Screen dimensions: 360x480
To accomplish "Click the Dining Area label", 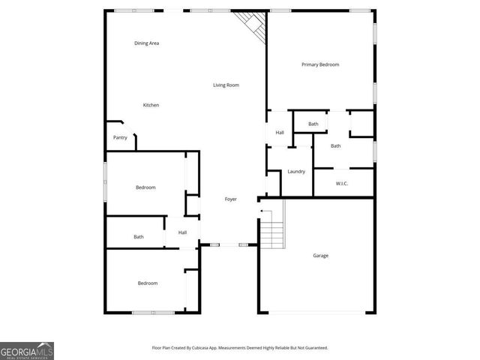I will pyautogui.click(x=146, y=43).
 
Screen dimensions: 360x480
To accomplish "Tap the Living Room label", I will pyautogui.click(x=226, y=85).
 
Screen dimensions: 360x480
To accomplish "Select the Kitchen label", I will pyautogui.click(x=151, y=105).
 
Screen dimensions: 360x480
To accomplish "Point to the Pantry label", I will pyautogui.click(x=120, y=137).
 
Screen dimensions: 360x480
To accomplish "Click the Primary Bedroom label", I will pyautogui.click(x=320, y=64).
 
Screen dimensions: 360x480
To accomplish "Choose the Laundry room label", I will pyautogui.click(x=296, y=172).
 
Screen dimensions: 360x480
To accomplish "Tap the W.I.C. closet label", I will pyautogui.click(x=341, y=184).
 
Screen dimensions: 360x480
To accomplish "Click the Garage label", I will pyautogui.click(x=320, y=256).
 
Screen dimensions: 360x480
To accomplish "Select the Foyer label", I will pyautogui.click(x=231, y=199).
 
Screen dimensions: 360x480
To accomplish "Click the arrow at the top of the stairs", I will pyautogui.click(x=262, y=213).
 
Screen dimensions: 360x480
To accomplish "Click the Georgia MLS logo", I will pyautogui.click(x=27, y=351).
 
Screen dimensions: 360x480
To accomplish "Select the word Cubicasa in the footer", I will pyautogui.click(x=200, y=348).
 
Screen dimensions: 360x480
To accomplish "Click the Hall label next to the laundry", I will pyautogui.click(x=280, y=133).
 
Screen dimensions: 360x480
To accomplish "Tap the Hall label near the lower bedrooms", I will pyautogui.click(x=182, y=232).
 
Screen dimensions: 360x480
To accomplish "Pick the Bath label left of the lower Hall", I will pyautogui.click(x=139, y=237).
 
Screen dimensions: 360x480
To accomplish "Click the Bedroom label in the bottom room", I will pyautogui.click(x=147, y=283).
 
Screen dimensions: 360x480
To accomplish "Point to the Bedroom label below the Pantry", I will pyautogui.click(x=145, y=187).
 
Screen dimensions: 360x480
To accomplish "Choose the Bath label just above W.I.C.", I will pyautogui.click(x=336, y=145).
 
